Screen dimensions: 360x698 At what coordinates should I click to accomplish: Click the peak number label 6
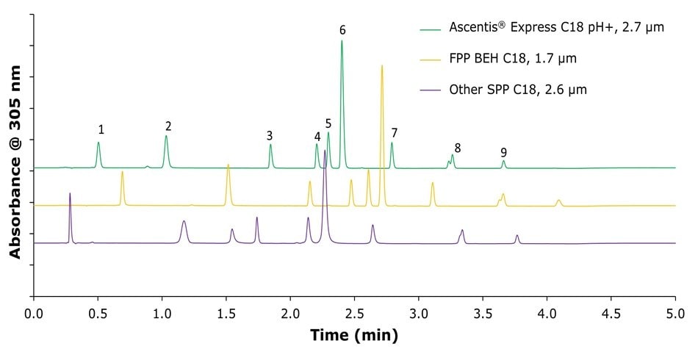(x=342, y=30)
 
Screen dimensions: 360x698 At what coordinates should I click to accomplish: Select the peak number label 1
(x=101, y=130)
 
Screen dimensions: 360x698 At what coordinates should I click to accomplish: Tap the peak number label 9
(x=503, y=153)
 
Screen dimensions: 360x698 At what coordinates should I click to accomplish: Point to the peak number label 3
(x=270, y=136)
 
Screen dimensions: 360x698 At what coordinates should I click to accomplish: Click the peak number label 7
(x=395, y=133)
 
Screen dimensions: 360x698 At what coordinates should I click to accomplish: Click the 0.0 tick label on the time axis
(x=34, y=312)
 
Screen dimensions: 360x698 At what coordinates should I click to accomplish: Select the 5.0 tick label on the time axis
(x=674, y=312)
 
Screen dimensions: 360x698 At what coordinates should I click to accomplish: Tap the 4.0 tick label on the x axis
(x=547, y=312)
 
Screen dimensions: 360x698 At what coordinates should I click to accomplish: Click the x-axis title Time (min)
(x=354, y=336)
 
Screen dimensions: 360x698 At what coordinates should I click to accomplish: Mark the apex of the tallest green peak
(x=342, y=41)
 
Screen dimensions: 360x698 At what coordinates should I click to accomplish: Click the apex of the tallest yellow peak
(x=381, y=66)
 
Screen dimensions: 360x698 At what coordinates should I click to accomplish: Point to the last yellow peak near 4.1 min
(x=559, y=200)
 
